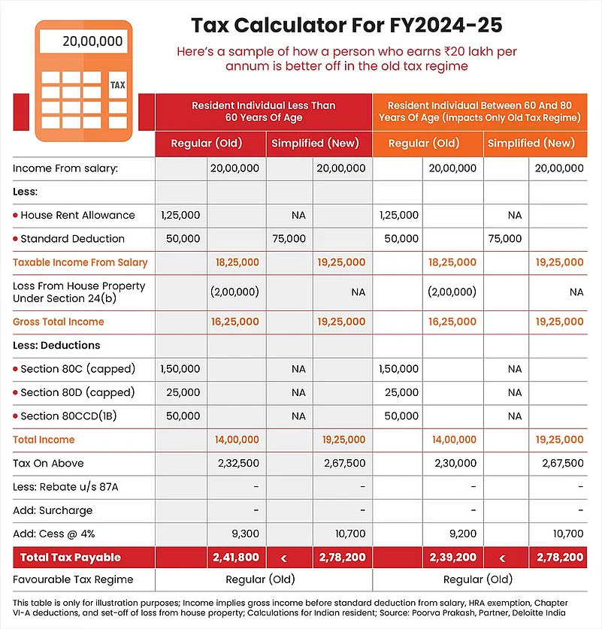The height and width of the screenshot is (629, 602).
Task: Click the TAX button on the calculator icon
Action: pyautogui.click(x=117, y=85)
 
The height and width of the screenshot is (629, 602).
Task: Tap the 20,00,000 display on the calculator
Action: pyautogui.click(x=83, y=41)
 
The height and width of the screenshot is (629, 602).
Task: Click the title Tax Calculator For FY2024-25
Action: pyautogui.click(x=346, y=25)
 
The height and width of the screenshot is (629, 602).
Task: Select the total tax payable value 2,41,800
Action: pyautogui.click(x=236, y=558)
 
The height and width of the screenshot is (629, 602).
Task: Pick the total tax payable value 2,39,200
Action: pyautogui.click(x=452, y=558)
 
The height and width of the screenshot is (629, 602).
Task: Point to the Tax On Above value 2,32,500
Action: pyautogui.click(x=236, y=463)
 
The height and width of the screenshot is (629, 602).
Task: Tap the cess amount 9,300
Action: pyautogui.click(x=244, y=534)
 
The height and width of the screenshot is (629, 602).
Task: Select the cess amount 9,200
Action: pyautogui.click(x=461, y=534)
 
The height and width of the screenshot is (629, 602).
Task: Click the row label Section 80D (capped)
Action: pyautogui.click(x=77, y=392)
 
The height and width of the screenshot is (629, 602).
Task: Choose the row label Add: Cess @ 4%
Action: pyautogui.click(x=53, y=534)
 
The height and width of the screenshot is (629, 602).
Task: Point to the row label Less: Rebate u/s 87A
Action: pyautogui.click(x=65, y=487)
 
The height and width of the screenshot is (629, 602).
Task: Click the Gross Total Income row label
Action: pyautogui.click(x=59, y=322)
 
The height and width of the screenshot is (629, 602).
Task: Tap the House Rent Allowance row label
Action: pyautogui.click(x=77, y=215)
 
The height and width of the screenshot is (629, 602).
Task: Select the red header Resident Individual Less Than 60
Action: pyautogui.click(x=263, y=111)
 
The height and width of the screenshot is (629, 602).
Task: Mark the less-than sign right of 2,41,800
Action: pyautogui.click(x=283, y=558)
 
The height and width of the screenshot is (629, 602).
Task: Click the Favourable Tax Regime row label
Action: pyautogui.click(x=73, y=579)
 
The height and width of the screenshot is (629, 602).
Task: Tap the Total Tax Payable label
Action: pyautogui.click(x=70, y=558)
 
